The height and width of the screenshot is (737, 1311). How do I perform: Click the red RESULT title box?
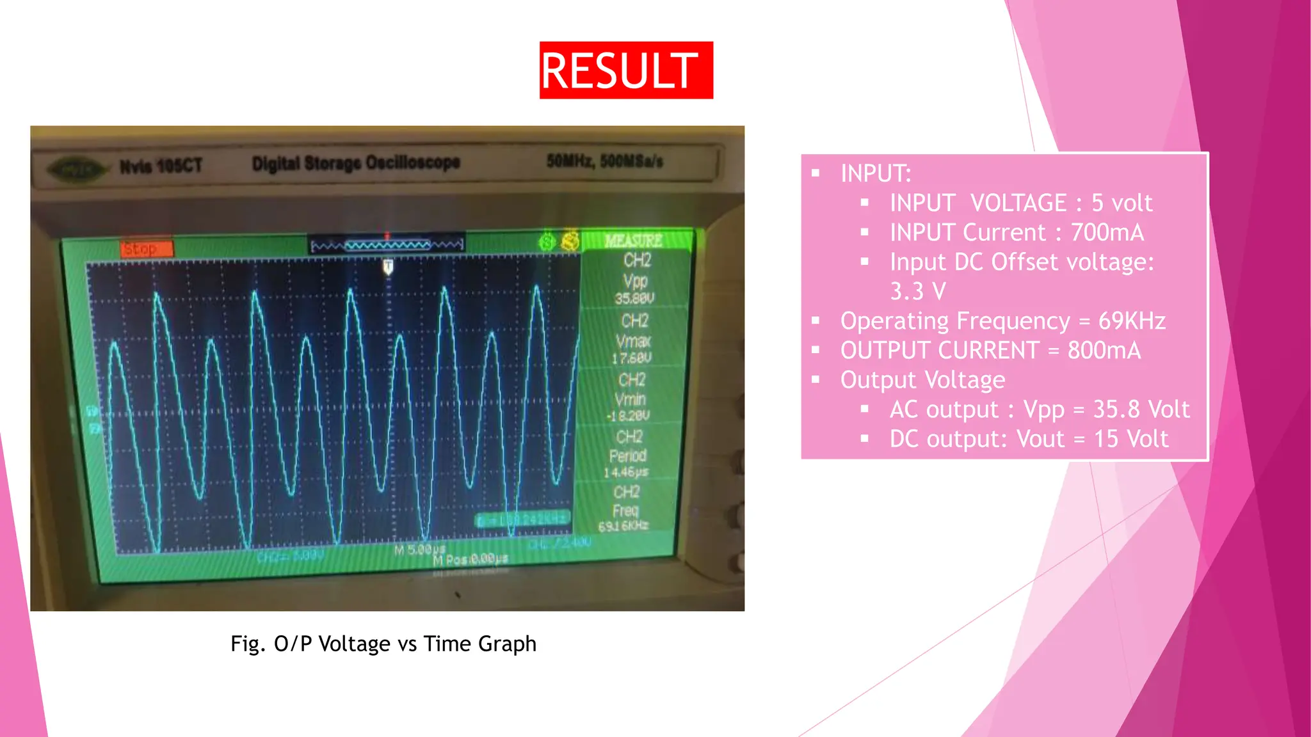pos(625,70)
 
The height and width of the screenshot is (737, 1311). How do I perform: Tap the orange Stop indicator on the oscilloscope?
pos(147,248)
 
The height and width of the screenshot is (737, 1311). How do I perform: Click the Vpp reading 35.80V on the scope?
pos(634,298)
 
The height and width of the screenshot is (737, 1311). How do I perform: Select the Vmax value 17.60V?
pos(632,358)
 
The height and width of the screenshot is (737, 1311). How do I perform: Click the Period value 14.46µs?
pos(626,472)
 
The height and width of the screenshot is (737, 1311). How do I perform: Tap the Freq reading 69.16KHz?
pos(623,526)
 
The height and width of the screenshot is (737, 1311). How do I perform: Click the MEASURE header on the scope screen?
pos(633,241)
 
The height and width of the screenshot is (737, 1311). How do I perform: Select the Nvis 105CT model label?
pos(161,166)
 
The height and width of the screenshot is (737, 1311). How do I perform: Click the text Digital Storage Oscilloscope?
pos(356,163)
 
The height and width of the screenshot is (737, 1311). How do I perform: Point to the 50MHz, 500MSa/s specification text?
pos(604,161)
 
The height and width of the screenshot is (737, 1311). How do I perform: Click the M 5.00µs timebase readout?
pos(419,550)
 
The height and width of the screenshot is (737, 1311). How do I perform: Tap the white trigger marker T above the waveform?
pos(388,266)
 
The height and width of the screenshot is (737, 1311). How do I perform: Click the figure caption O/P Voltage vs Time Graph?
pos(383,643)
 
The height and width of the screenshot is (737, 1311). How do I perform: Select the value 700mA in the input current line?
pos(1107,232)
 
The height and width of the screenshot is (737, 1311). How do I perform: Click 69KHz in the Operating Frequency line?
pos(1132,321)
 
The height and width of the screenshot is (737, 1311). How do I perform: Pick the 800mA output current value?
pos(1104,350)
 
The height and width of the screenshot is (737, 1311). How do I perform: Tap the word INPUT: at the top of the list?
pos(876,173)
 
